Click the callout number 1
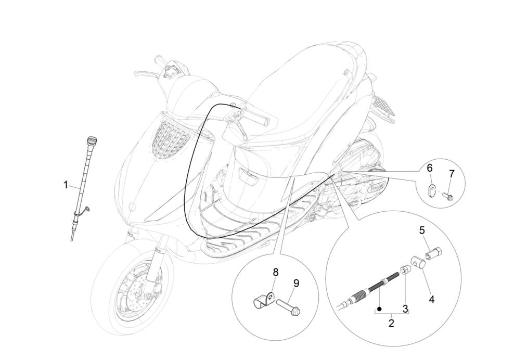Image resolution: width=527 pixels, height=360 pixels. pyautogui.click(x=66, y=184)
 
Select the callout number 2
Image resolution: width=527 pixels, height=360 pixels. pyautogui.click(x=392, y=324)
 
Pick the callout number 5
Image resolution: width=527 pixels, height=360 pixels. pyautogui.click(x=422, y=229)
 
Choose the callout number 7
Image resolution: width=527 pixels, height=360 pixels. pyautogui.click(x=451, y=173)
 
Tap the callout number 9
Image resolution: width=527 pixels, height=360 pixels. pyautogui.click(x=296, y=283)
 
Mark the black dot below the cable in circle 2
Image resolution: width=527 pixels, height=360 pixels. pyautogui.click(x=380, y=309)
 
